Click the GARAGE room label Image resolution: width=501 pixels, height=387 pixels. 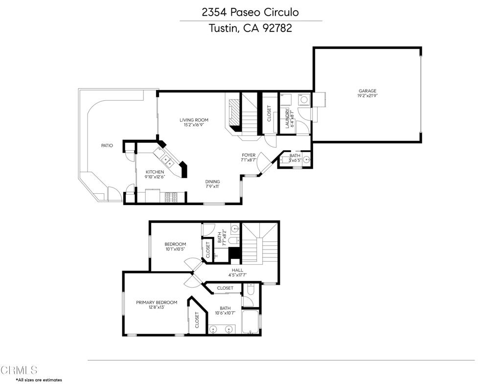coord(367,91)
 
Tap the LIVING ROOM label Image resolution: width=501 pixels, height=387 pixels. coord(194,120)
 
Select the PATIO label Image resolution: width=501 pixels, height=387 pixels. coord(107,145)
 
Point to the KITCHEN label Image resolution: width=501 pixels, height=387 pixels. coord(155,172)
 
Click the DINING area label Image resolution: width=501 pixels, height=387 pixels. coord(212,182)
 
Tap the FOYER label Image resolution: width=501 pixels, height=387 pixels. coord(248,155)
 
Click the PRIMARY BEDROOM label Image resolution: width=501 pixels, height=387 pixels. coord(157,302)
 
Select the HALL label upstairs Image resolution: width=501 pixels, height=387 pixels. coord(237,270)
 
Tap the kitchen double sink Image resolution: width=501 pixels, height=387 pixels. coord(166,160)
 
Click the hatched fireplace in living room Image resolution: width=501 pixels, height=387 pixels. coord(234,113)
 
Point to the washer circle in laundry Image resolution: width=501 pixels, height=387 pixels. coord(303,100)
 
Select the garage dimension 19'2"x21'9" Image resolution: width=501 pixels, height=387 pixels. coord(367,95)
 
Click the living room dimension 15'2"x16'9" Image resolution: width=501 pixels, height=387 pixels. coord(194,125)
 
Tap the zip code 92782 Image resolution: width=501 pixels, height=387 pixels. coord(277,28)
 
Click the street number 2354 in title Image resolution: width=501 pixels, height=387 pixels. coord(214,12)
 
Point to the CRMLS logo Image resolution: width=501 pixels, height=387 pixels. coord(19,370)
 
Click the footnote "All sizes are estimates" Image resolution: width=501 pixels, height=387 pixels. coord(40,380)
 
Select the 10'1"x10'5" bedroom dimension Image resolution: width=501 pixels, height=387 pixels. coord(175,249)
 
